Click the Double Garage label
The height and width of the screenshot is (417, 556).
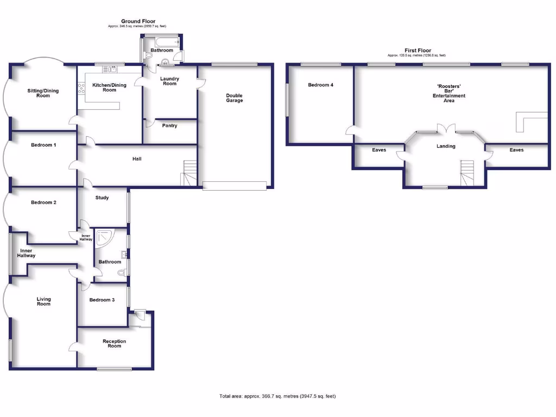[235, 98]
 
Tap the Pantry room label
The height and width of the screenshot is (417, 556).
[169, 125]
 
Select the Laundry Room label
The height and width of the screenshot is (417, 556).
[169, 81]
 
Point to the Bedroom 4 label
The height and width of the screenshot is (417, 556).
[320, 85]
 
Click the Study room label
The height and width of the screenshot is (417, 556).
[102, 198]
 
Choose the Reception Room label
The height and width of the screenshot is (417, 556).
[114, 343]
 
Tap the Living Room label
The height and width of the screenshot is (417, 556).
[43, 301]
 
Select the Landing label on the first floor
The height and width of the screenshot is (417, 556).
[446, 146]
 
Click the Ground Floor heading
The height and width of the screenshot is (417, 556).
[138, 21]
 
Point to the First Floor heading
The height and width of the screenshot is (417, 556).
[416, 50]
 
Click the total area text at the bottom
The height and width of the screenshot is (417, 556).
[277, 396]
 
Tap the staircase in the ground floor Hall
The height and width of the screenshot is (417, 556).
[188, 173]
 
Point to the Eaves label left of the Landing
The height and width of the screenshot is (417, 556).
[379, 150]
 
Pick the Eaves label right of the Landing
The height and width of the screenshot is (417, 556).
[516, 150]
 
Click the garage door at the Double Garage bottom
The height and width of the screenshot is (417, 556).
[235, 185]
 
